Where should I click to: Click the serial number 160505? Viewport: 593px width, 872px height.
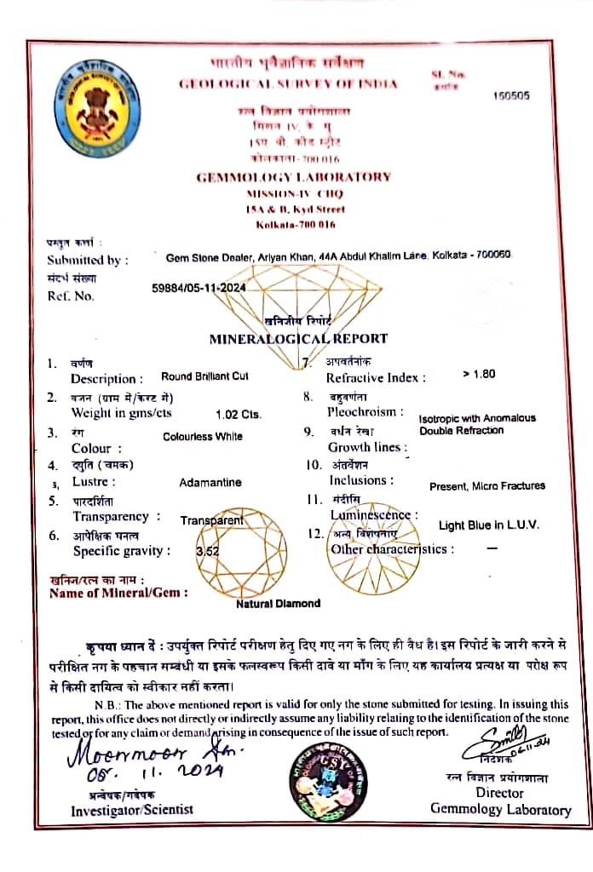coord(511,95)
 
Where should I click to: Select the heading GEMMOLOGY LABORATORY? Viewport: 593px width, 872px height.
coord(293,177)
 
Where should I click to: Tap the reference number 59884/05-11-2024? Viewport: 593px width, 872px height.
coord(199,290)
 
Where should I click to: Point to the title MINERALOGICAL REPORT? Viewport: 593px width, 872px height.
coord(298,338)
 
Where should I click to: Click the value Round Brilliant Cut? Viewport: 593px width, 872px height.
coord(204,376)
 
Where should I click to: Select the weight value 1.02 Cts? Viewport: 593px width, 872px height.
coord(239,415)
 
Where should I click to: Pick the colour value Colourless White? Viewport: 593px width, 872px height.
coord(203,436)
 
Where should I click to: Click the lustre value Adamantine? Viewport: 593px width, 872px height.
coord(210,482)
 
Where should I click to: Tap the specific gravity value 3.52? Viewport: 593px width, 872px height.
coord(207,551)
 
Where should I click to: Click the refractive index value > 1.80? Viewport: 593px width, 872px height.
coord(479,373)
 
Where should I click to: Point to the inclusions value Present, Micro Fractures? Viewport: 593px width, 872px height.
coord(487,485)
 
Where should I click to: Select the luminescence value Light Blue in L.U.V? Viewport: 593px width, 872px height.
coord(488,525)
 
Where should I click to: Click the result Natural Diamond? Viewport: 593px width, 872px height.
coord(279,603)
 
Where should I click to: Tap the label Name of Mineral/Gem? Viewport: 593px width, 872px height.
coord(118,594)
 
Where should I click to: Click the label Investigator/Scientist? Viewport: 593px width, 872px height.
coord(132,810)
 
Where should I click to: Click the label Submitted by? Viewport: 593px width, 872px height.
coord(88,260)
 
